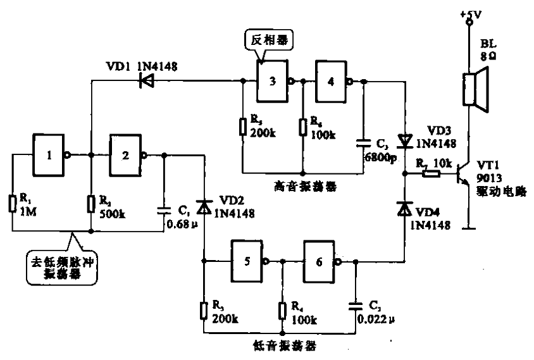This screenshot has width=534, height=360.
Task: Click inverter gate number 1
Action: pyautogui.click(x=49, y=154)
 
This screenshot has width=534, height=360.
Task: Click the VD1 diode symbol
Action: pyautogui.click(x=146, y=80)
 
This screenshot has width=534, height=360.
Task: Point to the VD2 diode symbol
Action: pyautogui.click(x=204, y=206)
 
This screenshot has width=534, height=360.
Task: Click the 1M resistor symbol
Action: pyautogui.click(x=12, y=204)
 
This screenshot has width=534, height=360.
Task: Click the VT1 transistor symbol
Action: pyautogui.click(x=464, y=178)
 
